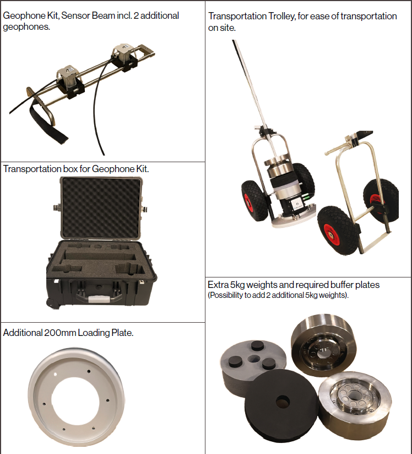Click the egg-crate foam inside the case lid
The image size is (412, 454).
tap(101, 207)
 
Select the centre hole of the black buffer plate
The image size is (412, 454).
tap(283, 402)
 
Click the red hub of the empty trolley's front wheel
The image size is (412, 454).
tap(330, 234)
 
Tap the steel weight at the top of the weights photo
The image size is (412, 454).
tap(323, 345)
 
